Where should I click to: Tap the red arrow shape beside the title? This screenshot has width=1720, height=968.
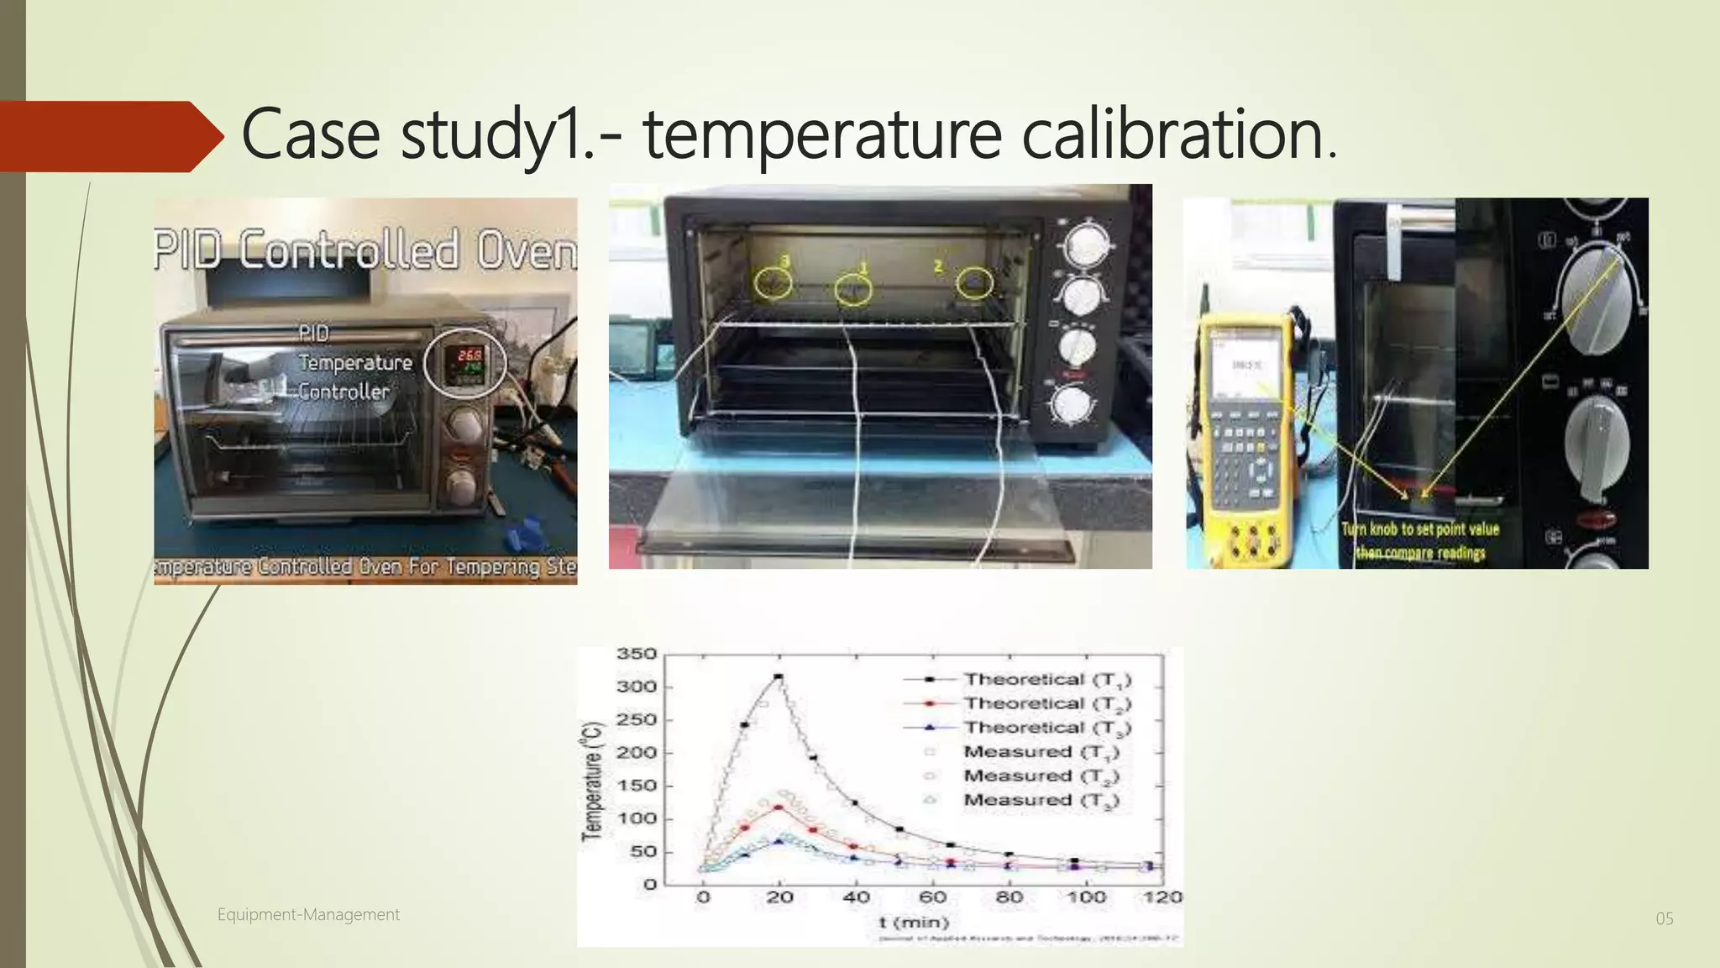click(109, 136)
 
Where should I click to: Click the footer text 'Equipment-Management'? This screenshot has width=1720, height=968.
click(308, 914)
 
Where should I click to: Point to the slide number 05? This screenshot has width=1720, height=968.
click(1664, 918)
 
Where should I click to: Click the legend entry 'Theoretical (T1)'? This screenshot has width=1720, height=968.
click(1046, 679)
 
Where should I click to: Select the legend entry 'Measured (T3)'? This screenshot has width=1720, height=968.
click(1041, 800)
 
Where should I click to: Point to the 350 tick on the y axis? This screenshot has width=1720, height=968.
click(636, 654)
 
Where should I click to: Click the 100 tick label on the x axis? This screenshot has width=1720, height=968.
click(1085, 897)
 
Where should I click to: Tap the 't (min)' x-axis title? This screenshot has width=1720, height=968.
click(913, 922)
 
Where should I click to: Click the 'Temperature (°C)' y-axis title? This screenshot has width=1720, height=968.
click(593, 780)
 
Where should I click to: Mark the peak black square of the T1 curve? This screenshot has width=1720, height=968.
click(779, 676)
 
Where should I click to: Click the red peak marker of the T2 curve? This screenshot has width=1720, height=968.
click(779, 808)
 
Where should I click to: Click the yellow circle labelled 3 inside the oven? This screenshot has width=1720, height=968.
click(772, 283)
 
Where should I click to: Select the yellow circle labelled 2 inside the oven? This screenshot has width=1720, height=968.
click(974, 282)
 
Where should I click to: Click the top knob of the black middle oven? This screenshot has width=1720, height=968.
click(1087, 245)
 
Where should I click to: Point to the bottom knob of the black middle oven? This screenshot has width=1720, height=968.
click(1071, 405)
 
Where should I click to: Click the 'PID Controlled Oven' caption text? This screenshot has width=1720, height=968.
click(365, 250)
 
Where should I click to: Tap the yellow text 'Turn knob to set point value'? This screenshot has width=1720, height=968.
click(1419, 529)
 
